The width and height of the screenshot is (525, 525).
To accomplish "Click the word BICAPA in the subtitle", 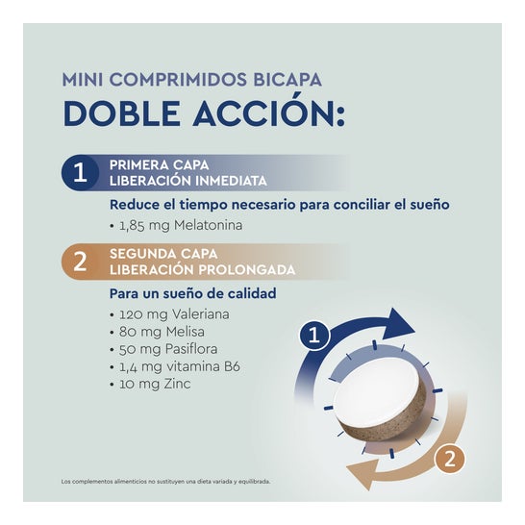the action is point(287,80).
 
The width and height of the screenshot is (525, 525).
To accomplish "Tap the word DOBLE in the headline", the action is point(122,113).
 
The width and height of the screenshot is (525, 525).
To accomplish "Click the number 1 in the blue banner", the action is point(80,172).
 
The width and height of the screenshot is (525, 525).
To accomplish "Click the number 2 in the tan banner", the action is point(80,262).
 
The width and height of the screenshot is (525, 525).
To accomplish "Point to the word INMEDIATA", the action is point(231,181).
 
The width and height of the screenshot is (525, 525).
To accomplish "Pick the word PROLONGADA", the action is point(247,270).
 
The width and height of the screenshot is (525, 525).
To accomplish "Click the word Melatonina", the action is point(209,225).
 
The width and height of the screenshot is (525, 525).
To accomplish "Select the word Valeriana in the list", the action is point(201,314).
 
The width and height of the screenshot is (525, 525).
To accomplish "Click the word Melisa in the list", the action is point(186,332).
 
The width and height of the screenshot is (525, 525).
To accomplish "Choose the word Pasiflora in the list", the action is point(191,349).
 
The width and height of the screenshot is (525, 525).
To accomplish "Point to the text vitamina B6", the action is point(204,366).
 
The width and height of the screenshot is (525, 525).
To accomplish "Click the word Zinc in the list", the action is point(177,384).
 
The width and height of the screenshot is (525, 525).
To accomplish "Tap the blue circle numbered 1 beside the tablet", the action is point(314,336).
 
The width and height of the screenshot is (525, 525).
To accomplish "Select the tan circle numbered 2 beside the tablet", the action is point(450,459).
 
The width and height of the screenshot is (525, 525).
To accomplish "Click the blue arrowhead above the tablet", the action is point(398,324).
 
